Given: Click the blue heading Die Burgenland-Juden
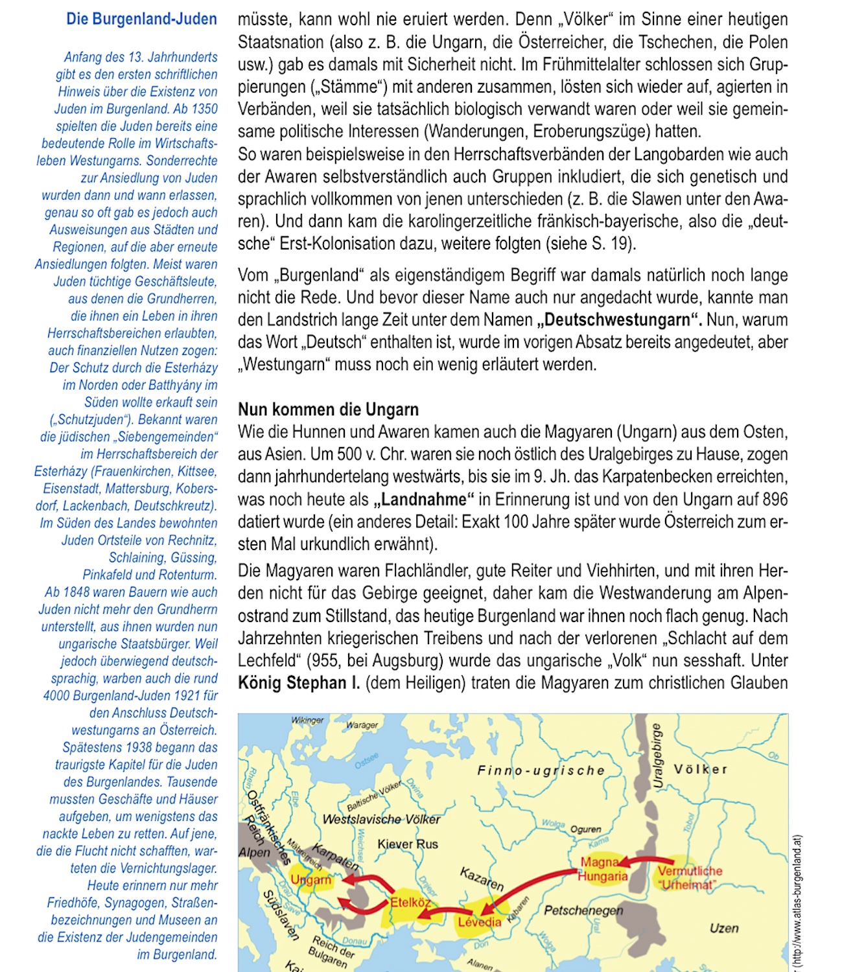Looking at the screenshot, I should [141, 19].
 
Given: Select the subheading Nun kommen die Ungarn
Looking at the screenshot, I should [328, 410].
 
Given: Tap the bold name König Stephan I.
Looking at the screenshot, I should [299, 683].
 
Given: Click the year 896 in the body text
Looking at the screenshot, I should [775, 500].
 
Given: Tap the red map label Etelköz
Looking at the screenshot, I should [410, 902].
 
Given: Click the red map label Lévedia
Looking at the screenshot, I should [480, 922].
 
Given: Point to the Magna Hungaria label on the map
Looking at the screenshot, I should [602, 870].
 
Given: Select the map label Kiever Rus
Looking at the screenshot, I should [408, 844].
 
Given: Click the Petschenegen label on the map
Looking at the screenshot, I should [583, 910].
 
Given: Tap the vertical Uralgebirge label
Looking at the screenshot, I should [657, 756].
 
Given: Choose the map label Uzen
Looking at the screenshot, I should [723, 928].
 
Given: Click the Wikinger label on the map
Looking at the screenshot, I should [307, 720].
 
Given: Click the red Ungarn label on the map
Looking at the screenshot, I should [310, 880].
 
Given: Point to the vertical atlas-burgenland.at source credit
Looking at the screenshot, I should [798, 901].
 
